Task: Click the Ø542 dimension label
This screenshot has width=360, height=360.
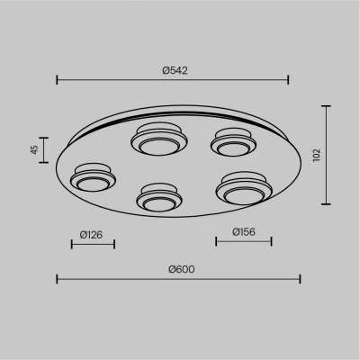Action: [x=175, y=70]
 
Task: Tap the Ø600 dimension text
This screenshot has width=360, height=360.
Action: [x=182, y=269]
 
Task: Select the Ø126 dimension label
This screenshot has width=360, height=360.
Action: [x=91, y=235]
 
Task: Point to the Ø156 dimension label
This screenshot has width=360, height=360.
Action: [x=244, y=231]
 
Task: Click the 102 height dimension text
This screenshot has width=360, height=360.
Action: [x=317, y=155]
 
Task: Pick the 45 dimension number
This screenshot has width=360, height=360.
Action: [x=35, y=149]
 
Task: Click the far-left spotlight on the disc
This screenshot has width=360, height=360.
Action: [x=93, y=177]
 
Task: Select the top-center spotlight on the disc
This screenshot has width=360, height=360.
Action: [x=159, y=139]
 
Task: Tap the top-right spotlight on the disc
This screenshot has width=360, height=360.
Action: [x=233, y=142]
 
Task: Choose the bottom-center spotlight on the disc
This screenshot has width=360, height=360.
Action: [x=159, y=197]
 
